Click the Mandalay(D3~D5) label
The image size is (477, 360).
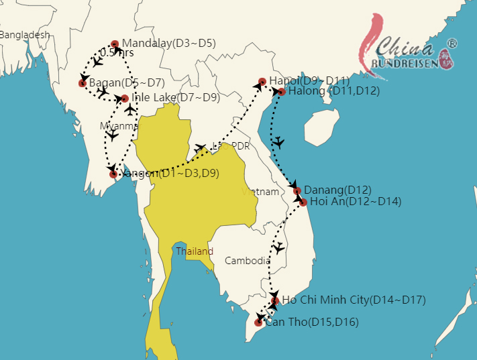(x=168, y=44)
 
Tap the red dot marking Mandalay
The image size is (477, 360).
(x=115, y=44)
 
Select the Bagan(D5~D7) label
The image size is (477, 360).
(x=127, y=83)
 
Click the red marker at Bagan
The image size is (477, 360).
(x=83, y=83)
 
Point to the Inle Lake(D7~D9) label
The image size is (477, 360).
(x=176, y=98)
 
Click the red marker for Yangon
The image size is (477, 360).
(x=113, y=174)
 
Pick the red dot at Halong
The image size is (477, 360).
(x=282, y=92)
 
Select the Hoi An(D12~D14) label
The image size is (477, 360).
(x=356, y=202)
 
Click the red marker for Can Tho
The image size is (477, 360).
(x=258, y=322)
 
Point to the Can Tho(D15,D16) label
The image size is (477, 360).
(x=312, y=322)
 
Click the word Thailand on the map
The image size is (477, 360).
(x=195, y=251)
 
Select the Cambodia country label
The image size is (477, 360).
(x=248, y=261)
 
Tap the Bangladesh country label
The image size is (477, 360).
(x=25, y=34)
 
